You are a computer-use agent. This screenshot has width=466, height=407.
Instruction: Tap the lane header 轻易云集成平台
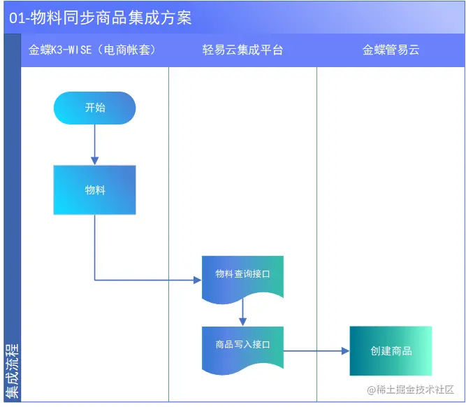[x=242, y=50]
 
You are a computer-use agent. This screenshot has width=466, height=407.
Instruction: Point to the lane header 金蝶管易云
[x=391, y=50]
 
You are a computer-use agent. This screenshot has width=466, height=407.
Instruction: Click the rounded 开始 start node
[x=94, y=108]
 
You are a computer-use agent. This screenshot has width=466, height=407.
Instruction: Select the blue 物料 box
[x=94, y=190]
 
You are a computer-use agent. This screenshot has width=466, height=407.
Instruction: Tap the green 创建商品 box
[x=391, y=350]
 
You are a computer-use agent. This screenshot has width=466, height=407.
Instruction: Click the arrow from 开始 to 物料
[x=94, y=144]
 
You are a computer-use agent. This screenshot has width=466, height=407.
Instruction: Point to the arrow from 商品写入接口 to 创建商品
[x=316, y=350]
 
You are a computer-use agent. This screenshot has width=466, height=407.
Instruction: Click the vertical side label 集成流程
[x=12, y=370]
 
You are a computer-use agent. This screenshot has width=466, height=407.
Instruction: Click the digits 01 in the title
[x=17, y=17]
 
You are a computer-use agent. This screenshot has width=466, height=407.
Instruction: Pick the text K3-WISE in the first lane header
[x=73, y=50]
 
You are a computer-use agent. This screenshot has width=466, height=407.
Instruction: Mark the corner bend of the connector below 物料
[x=94, y=280]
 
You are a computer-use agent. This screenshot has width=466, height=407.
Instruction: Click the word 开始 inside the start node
[x=94, y=108]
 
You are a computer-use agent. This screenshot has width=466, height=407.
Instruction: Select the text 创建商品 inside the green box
[x=391, y=350]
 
